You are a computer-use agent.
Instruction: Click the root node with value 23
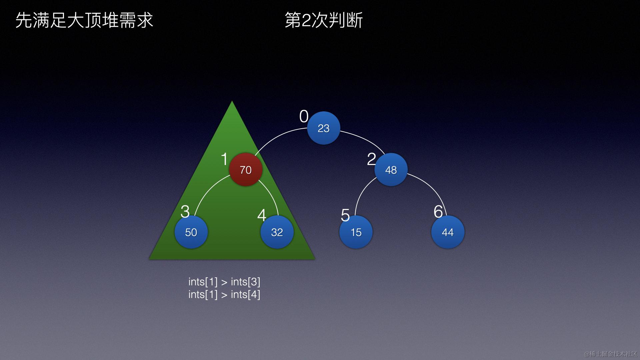[x=323, y=128]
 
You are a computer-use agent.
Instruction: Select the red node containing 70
[x=246, y=170]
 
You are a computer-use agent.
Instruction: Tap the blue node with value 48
[x=391, y=170]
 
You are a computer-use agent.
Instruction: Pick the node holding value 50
[x=191, y=232]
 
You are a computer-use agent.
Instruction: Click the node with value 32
[x=277, y=232]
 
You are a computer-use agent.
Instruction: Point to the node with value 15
[x=356, y=232]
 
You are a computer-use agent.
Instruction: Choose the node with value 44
[x=447, y=232]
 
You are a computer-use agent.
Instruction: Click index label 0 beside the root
[x=304, y=117]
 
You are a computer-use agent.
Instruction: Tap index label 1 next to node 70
[x=224, y=159]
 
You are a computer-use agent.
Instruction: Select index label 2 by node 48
[x=371, y=159]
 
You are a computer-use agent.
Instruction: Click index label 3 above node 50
[x=185, y=211]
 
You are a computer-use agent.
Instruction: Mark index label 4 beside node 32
[x=262, y=215]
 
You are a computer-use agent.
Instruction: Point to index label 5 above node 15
[x=345, y=215]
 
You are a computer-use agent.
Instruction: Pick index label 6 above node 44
[x=438, y=211]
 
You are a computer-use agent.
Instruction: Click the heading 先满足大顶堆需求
[x=84, y=20]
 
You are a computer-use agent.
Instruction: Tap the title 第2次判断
[x=323, y=20]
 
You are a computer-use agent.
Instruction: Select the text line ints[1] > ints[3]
[x=224, y=282]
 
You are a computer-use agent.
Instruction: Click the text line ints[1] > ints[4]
[x=224, y=294]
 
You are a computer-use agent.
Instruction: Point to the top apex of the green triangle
[x=232, y=102]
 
